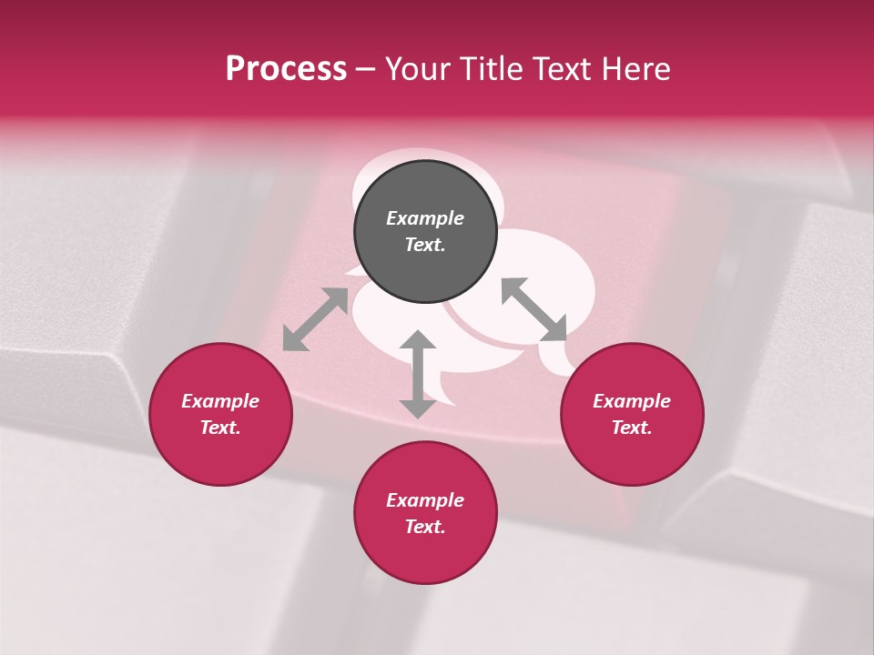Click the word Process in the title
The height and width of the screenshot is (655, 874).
pyautogui.click(x=286, y=69)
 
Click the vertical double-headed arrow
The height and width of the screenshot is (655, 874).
pyautogui.click(x=418, y=374)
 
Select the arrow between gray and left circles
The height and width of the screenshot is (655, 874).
pyautogui.click(x=315, y=319)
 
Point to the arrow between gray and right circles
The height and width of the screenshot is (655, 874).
pyautogui.click(x=534, y=309)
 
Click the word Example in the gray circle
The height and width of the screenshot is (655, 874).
pyautogui.click(x=425, y=218)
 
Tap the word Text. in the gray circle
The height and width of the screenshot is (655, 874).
pyautogui.click(x=425, y=245)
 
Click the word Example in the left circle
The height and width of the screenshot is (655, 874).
pyautogui.click(x=220, y=401)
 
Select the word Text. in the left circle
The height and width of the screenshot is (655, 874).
pyautogui.click(x=220, y=428)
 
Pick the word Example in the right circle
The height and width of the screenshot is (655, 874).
pyautogui.click(x=632, y=401)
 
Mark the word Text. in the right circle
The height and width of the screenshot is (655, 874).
pyautogui.click(x=632, y=428)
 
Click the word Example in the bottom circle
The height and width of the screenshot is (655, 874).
pyautogui.click(x=425, y=500)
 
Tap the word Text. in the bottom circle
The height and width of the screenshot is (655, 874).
pyautogui.click(x=425, y=527)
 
